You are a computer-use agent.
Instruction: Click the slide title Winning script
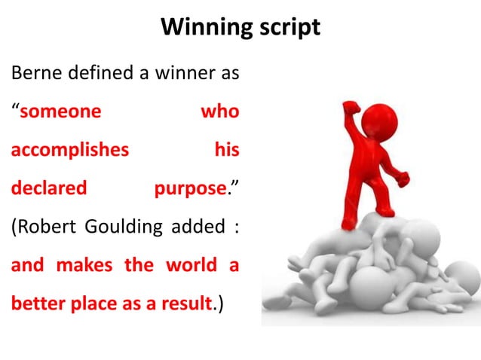[x=240, y=27]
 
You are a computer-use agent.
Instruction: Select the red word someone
[x=60, y=112]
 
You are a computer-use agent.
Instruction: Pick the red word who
[x=219, y=112]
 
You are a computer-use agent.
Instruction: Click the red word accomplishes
[x=69, y=150]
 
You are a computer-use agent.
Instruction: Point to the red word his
[x=226, y=150]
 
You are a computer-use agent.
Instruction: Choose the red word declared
[x=49, y=188]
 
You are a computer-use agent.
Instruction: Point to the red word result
[x=180, y=304]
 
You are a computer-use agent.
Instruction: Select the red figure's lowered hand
[x=403, y=179]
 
